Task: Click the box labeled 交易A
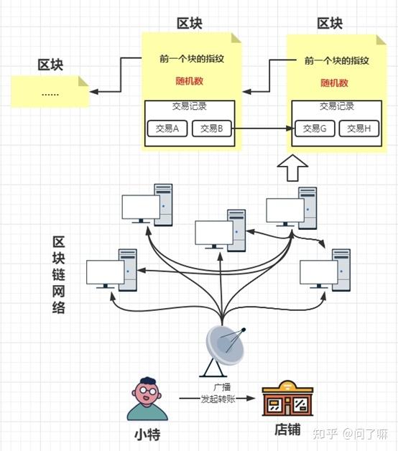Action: tap(167, 129)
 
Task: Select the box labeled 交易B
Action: tap(212, 129)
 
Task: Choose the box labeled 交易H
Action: tap(358, 129)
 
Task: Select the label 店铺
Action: tap(287, 432)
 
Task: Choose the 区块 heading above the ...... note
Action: tap(50, 65)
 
